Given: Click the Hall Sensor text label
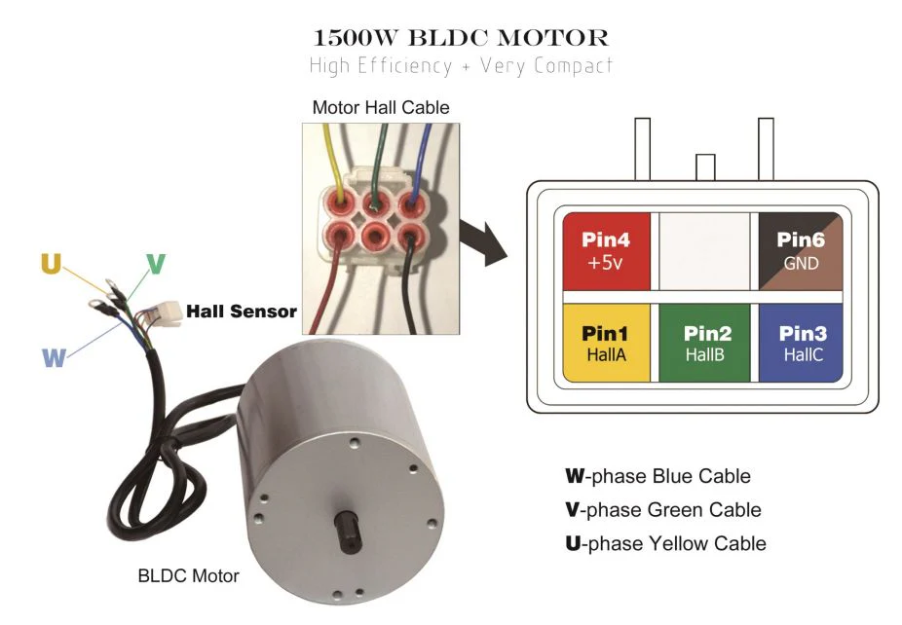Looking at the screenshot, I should [x=241, y=312].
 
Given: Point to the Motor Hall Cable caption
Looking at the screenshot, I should [x=381, y=108].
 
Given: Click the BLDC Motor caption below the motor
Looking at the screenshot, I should [x=188, y=575].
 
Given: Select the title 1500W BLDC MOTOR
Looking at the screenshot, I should [x=461, y=39].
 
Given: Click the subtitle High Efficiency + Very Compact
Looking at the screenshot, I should [x=461, y=67].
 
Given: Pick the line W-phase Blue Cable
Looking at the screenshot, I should [x=658, y=476].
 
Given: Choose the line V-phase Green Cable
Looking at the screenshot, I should [x=663, y=509].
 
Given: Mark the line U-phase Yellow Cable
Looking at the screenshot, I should [x=665, y=542].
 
